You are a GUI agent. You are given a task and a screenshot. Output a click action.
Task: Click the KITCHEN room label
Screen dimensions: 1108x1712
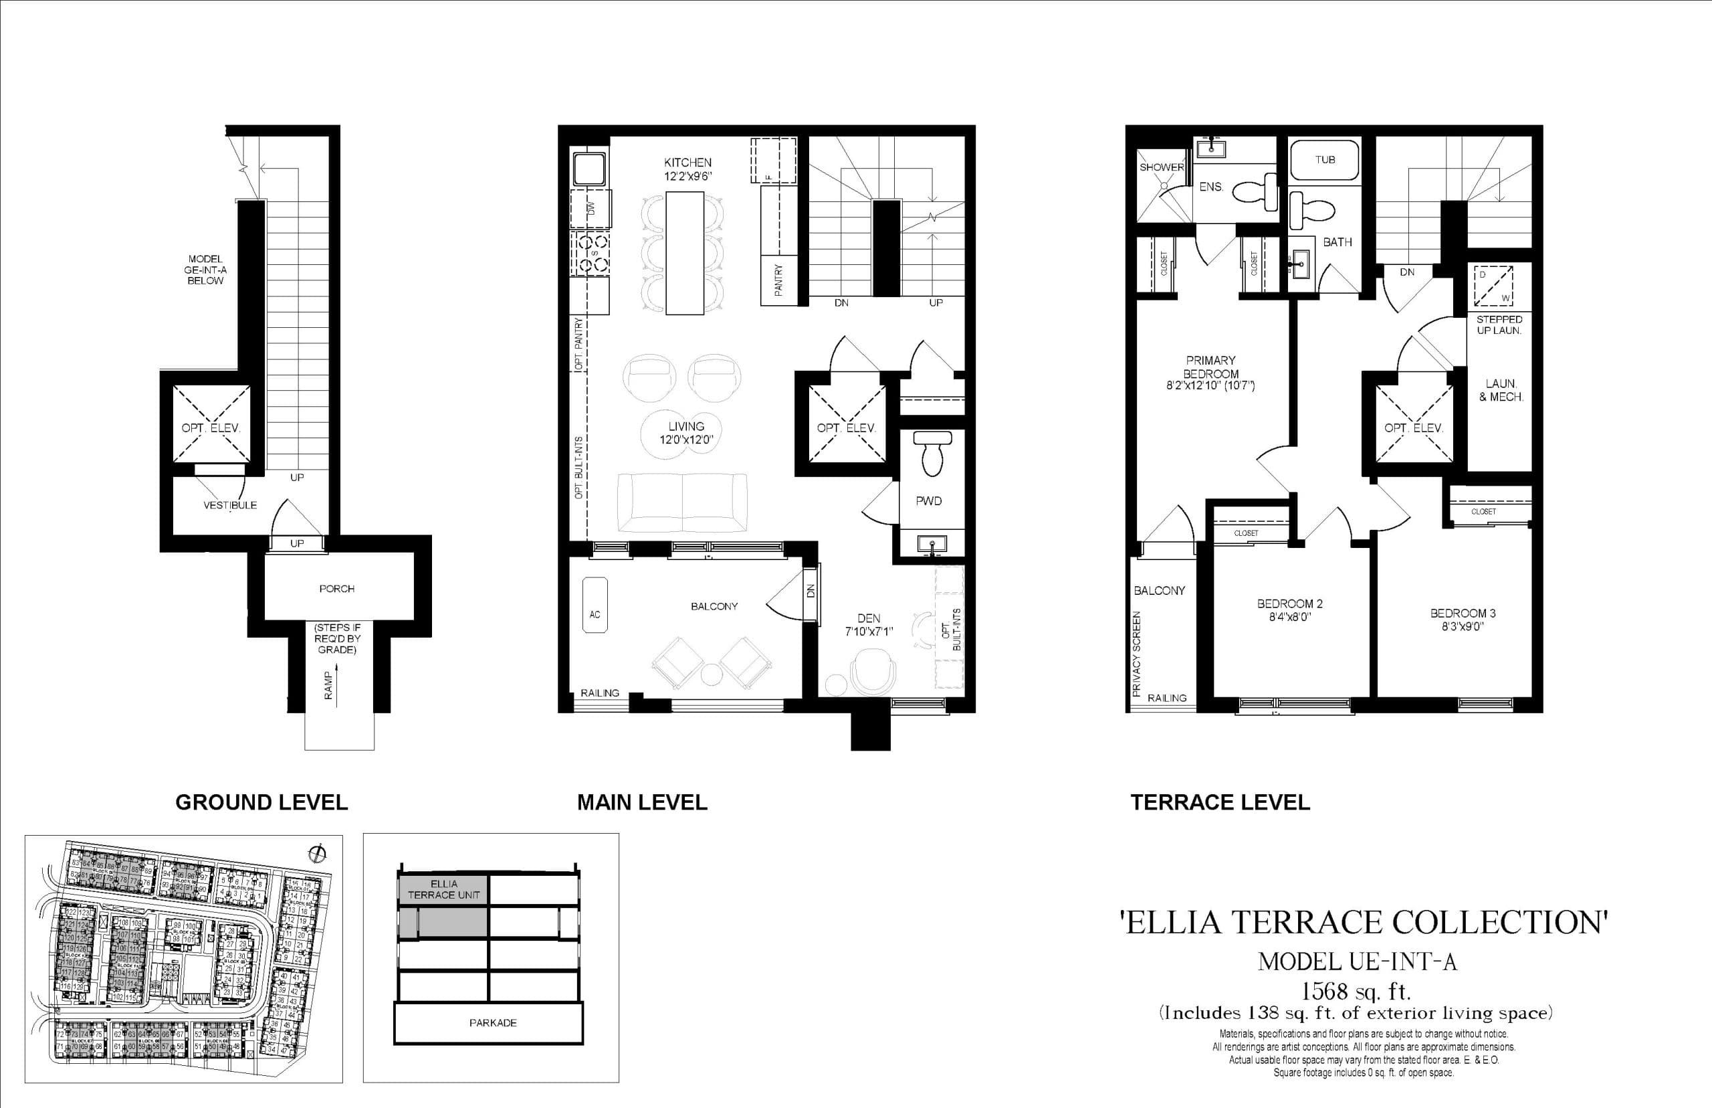[687, 163]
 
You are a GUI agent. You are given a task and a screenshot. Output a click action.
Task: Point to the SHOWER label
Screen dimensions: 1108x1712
[1161, 167]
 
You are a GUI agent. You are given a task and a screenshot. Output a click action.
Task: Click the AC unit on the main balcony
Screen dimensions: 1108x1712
[595, 614]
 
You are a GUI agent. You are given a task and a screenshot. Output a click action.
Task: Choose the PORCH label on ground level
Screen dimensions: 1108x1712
[336, 589]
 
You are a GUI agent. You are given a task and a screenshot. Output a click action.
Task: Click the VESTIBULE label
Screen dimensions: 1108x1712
[229, 505]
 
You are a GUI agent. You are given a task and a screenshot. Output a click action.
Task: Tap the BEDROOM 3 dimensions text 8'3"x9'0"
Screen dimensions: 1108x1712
[1463, 626]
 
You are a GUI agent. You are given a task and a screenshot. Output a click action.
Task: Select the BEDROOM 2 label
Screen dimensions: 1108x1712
[1290, 604]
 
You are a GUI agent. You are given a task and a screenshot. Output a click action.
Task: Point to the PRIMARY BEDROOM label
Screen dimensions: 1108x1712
[1211, 366]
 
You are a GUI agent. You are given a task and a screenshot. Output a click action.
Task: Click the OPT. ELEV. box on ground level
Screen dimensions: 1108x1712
[211, 427]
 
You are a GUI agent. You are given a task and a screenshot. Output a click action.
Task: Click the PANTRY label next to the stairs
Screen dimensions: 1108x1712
[778, 280]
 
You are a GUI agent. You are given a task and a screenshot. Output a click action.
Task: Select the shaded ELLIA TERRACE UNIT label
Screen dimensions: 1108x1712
[443, 889]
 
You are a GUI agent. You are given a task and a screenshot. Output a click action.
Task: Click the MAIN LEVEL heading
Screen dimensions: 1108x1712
[641, 802]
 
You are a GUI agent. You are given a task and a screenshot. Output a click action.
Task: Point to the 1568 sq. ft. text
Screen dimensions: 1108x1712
[1356, 992]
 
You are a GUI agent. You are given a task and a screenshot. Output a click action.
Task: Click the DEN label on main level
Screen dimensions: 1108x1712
[868, 618]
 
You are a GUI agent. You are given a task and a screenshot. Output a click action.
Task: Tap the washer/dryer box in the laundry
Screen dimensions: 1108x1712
[1493, 286]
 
